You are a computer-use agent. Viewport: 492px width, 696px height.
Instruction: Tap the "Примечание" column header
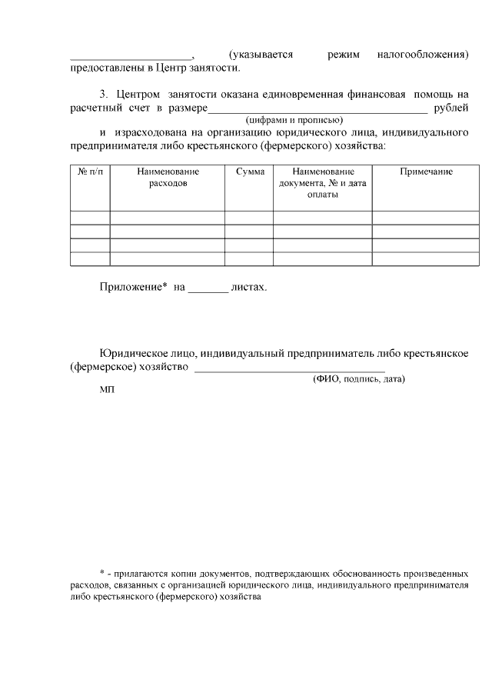[x=426, y=172]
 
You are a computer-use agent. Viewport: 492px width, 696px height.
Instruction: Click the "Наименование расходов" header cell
[x=168, y=178]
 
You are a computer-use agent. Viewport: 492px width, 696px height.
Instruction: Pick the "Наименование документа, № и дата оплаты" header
[x=323, y=183]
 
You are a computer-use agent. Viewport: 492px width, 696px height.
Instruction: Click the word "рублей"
[x=451, y=108]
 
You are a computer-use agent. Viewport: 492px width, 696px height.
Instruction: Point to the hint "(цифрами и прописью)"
[x=294, y=121]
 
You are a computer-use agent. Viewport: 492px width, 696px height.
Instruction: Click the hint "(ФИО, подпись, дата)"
[x=358, y=380]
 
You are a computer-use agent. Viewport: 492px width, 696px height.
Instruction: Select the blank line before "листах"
[x=208, y=291]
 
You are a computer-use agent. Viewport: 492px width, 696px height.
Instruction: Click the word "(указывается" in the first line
[x=261, y=55]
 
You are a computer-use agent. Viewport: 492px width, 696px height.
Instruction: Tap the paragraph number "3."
[x=105, y=93]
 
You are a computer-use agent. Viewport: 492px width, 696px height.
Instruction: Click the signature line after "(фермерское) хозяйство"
[x=290, y=370]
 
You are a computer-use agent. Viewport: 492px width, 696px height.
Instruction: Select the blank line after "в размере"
[x=317, y=112]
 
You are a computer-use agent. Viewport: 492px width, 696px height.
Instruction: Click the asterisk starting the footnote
[x=103, y=574]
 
